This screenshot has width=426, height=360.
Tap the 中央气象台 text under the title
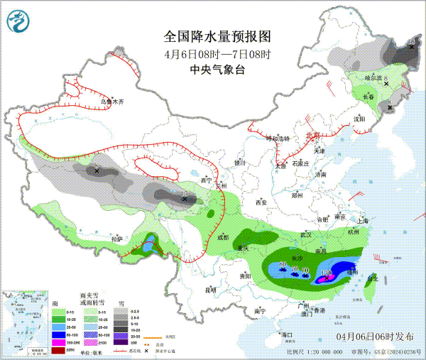coord(217,70)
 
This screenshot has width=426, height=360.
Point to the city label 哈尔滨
coord(373,77)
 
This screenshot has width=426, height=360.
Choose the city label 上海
coord(364,220)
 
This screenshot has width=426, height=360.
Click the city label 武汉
coord(306,234)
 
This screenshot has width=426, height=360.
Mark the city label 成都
coord(223,237)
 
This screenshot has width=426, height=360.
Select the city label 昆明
coord(209,289)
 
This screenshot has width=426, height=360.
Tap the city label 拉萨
coord(116,239)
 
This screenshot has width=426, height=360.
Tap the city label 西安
coord(260,202)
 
